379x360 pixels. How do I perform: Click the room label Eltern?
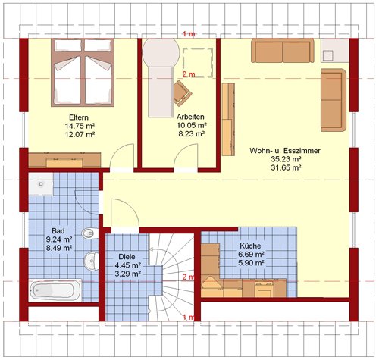click(x=79, y=117)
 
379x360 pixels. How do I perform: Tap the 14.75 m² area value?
click(x=80, y=126)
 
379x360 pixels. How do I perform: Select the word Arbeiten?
click(x=190, y=117)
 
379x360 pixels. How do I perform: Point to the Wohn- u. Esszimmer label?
click(x=285, y=151)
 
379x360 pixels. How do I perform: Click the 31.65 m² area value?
click(x=286, y=167)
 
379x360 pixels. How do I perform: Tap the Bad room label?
click(x=58, y=231)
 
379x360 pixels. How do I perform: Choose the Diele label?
click(x=127, y=257)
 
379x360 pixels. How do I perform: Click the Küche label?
click(x=250, y=246)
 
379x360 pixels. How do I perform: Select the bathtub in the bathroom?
click(x=55, y=290)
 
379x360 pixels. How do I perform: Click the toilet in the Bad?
click(x=89, y=233)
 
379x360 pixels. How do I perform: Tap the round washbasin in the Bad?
click(x=91, y=261)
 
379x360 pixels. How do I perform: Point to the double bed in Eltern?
click(x=83, y=73)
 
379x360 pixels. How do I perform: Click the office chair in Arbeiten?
click(x=183, y=93)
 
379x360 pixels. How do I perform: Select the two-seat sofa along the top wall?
click(x=283, y=51)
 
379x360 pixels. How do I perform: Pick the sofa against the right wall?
click(x=334, y=100)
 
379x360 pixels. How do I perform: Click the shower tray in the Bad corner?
click(x=41, y=184)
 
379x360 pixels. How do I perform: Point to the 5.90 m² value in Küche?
click(x=251, y=263)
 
